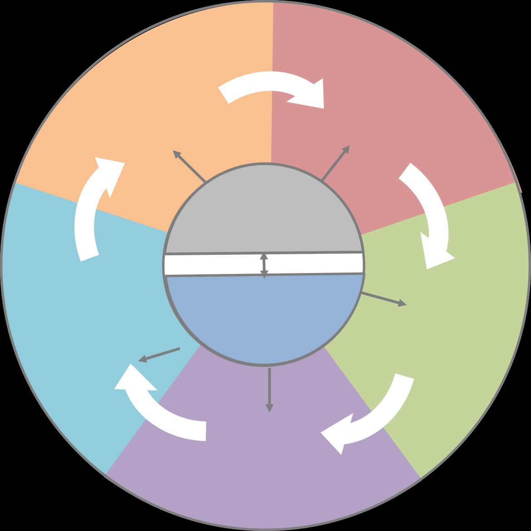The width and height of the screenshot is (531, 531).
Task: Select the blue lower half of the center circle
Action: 263,318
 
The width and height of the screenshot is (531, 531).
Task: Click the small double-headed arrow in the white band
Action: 264,264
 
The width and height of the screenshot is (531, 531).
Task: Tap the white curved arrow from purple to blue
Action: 159,409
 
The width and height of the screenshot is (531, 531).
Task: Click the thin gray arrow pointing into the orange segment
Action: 189,166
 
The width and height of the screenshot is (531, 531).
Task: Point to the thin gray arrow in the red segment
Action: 336,163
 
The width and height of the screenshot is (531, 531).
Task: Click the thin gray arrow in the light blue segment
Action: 159,355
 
